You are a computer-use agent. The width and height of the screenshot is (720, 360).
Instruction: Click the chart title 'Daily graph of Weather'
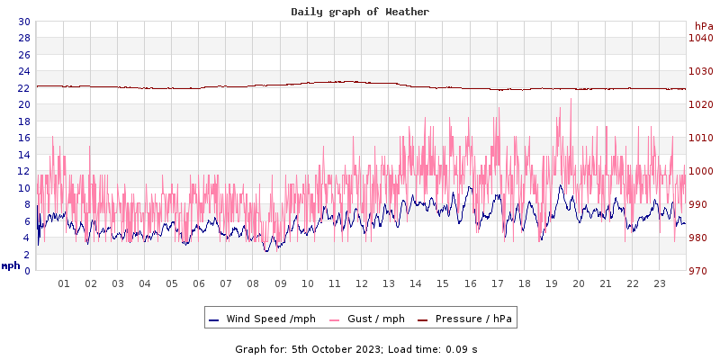(360, 12)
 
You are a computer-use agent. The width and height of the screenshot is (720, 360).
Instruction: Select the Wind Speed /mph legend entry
(270, 319)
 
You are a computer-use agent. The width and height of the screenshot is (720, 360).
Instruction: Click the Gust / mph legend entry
(375, 319)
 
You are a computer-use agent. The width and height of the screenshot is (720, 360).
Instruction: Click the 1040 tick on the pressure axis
(700, 38)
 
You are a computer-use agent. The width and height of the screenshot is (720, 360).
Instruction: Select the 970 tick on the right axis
(700, 271)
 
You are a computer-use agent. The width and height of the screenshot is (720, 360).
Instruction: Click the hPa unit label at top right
(703, 26)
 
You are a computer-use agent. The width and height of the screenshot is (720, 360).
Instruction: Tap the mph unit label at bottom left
(11, 265)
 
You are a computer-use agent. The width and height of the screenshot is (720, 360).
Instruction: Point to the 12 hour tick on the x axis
(362, 283)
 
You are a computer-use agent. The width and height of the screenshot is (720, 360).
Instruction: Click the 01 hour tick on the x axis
(64, 283)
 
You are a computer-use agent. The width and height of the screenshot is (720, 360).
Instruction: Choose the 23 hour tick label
(659, 283)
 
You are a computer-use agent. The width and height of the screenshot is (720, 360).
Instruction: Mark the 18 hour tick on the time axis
(524, 283)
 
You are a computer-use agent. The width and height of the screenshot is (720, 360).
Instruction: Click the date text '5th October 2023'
(337, 349)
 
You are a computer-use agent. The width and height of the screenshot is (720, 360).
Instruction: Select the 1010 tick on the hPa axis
(700, 138)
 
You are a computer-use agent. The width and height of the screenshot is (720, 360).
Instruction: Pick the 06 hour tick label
(199, 283)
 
